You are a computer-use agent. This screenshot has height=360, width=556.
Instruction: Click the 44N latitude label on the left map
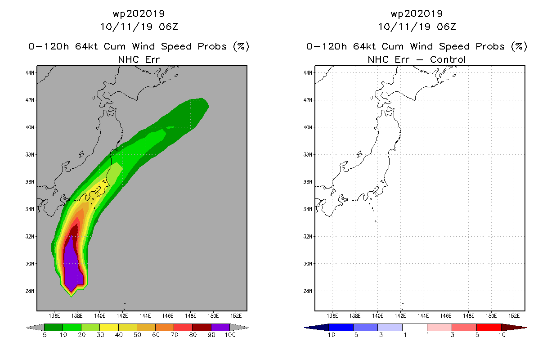(30, 73)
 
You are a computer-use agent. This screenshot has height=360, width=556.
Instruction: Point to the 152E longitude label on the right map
(514, 316)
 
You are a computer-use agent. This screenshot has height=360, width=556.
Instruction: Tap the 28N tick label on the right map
(308, 291)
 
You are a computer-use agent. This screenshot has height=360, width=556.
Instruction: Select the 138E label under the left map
(77, 316)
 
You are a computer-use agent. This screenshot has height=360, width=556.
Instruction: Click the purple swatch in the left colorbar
(220, 327)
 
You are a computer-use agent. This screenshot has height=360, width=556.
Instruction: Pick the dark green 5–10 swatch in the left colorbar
(54, 327)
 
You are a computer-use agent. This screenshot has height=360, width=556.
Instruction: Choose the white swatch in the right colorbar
(414, 327)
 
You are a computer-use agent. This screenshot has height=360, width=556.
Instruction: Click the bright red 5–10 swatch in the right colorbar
(489, 327)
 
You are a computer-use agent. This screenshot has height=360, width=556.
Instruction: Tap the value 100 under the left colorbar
(230, 335)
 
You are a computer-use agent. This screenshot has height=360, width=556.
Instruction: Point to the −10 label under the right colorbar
(329, 335)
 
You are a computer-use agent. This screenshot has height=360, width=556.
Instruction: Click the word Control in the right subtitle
(448, 59)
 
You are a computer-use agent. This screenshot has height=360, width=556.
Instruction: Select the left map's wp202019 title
(139, 13)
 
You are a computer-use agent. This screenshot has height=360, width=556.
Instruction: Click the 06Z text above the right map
(446, 27)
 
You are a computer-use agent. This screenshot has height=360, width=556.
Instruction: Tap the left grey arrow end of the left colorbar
(35, 328)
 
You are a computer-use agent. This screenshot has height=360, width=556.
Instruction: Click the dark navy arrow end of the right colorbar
(317, 328)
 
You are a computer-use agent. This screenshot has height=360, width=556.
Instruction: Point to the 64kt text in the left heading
(86, 46)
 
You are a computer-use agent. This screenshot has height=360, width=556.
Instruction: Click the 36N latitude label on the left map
(30, 182)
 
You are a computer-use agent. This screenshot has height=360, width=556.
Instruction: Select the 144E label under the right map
(423, 316)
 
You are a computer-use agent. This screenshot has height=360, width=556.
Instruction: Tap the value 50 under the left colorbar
(137, 335)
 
